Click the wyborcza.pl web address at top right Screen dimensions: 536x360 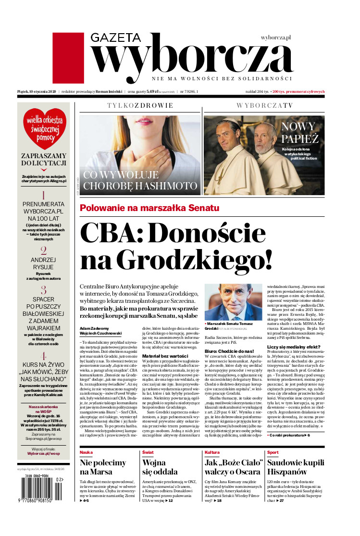pyautogui.click(x=276, y=37)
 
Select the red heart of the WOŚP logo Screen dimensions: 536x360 pyautogui.click(x=44, y=128)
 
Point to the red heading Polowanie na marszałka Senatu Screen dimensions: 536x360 pyautogui.click(x=149, y=208)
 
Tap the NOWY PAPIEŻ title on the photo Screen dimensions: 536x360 pyautogui.click(x=300, y=133)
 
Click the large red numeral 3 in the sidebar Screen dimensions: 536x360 pyautogui.click(x=44, y=290)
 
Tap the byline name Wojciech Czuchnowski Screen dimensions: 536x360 pyautogui.click(x=100, y=333)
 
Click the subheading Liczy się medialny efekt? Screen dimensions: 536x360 pyautogui.click(x=293, y=347)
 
